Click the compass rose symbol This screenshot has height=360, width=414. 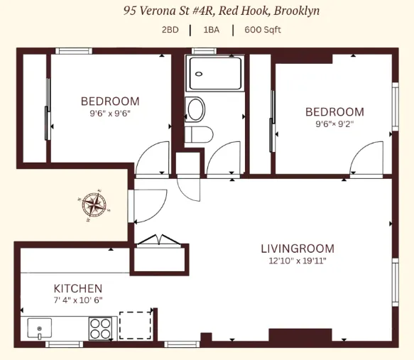93,205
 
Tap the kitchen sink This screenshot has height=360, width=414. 40,329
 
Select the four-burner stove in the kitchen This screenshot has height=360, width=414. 99,328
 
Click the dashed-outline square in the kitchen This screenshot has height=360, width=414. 136,326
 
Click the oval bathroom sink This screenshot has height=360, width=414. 195,109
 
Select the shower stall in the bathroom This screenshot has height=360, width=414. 214,73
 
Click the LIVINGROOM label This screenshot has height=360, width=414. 298,249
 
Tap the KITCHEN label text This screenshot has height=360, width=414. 78,288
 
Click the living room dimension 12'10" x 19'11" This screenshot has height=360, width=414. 298,261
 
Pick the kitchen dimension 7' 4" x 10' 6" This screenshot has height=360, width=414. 78,300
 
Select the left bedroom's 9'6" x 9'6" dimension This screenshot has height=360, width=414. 110,113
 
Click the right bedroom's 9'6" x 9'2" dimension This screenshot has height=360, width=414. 334,124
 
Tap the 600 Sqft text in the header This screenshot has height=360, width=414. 263,31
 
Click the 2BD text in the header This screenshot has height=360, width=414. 170,31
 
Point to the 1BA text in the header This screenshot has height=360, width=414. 211,31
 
